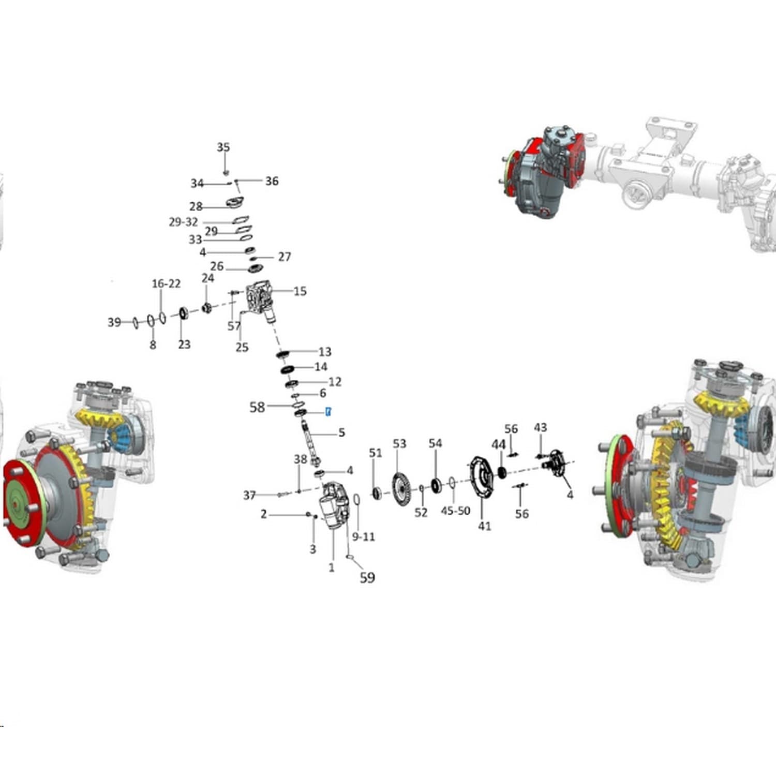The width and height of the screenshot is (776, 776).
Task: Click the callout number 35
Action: coord(223,147)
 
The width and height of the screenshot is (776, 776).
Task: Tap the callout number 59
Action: coord(367,577)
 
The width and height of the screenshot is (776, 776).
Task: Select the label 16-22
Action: coord(166,283)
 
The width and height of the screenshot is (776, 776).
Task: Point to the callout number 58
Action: coord(257,407)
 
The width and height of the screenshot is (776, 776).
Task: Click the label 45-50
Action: coord(455,511)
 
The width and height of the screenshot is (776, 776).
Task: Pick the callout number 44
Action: coord(499,445)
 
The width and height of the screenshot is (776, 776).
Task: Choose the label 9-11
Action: coord(363,536)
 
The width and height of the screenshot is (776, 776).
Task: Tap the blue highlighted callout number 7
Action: coord(328,412)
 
